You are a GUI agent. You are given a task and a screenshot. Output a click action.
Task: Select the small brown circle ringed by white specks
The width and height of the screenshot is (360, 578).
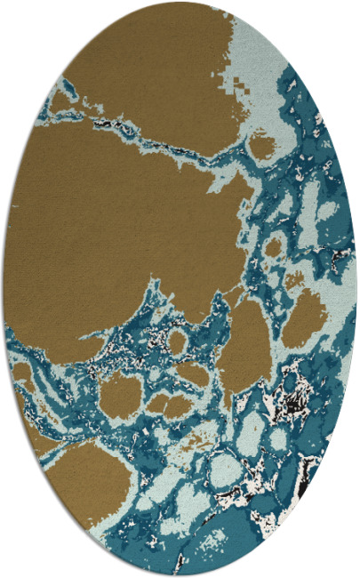coord(177,341)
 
